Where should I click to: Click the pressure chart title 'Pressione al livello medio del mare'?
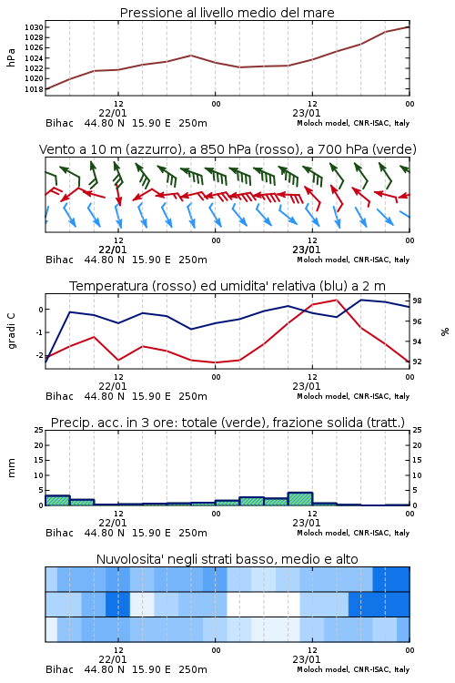[227, 13]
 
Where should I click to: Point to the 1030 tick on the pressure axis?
[34, 27]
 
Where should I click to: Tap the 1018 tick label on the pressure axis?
[34, 89]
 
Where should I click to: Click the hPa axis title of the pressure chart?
[11, 57]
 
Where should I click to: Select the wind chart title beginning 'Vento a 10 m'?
[227, 149]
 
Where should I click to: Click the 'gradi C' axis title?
[11, 331]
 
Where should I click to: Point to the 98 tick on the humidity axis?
[417, 301]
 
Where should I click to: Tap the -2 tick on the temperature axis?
[39, 355]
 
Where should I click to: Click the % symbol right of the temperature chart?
[445, 331]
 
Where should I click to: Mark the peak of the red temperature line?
[337, 300]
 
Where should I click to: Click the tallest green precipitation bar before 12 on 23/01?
[300, 499]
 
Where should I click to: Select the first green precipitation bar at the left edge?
[57, 501]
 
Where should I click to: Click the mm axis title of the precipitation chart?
[11, 468]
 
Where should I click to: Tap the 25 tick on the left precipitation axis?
[39, 430]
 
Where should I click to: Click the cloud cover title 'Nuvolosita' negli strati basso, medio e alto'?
[227, 559]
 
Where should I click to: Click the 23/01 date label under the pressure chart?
[307, 113]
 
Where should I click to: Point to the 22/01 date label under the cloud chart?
[113, 659]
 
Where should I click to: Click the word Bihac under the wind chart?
[60, 260]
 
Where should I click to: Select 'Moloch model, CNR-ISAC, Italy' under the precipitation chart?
[353, 533]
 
